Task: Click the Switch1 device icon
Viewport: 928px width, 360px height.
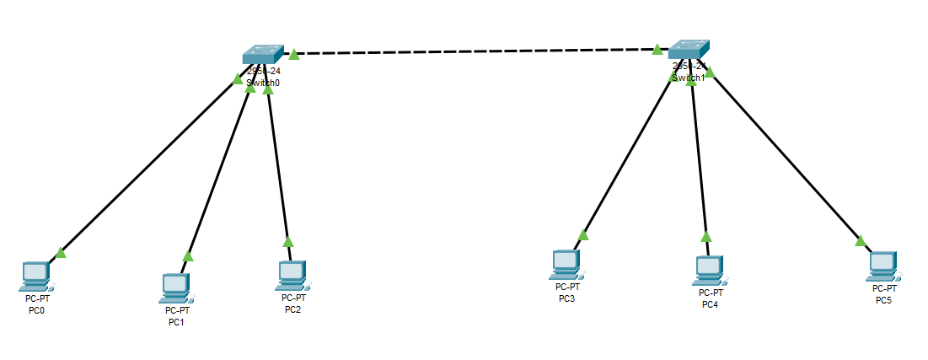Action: (x=690, y=50)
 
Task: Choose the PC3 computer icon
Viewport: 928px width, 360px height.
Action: (x=565, y=265)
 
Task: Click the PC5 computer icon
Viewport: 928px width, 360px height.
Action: (x=882, y=266)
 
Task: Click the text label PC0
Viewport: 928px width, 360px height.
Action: (x=35, y=309)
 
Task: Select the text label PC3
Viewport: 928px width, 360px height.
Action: (x=566, y=298)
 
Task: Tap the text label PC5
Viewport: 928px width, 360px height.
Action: (x=883, y=300)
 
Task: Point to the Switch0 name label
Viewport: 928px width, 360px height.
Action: (x=263, y=83)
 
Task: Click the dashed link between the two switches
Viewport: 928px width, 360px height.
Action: (x=472, y=51)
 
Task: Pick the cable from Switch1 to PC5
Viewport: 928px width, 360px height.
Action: (x=784, y=156)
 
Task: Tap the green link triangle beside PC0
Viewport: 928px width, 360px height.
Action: (x=61, y=252)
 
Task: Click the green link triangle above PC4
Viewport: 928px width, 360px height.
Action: (x=706, y=237)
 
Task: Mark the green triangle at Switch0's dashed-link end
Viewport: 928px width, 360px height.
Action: (x=293, y=55)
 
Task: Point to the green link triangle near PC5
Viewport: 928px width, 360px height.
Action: (x=860, y=240)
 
